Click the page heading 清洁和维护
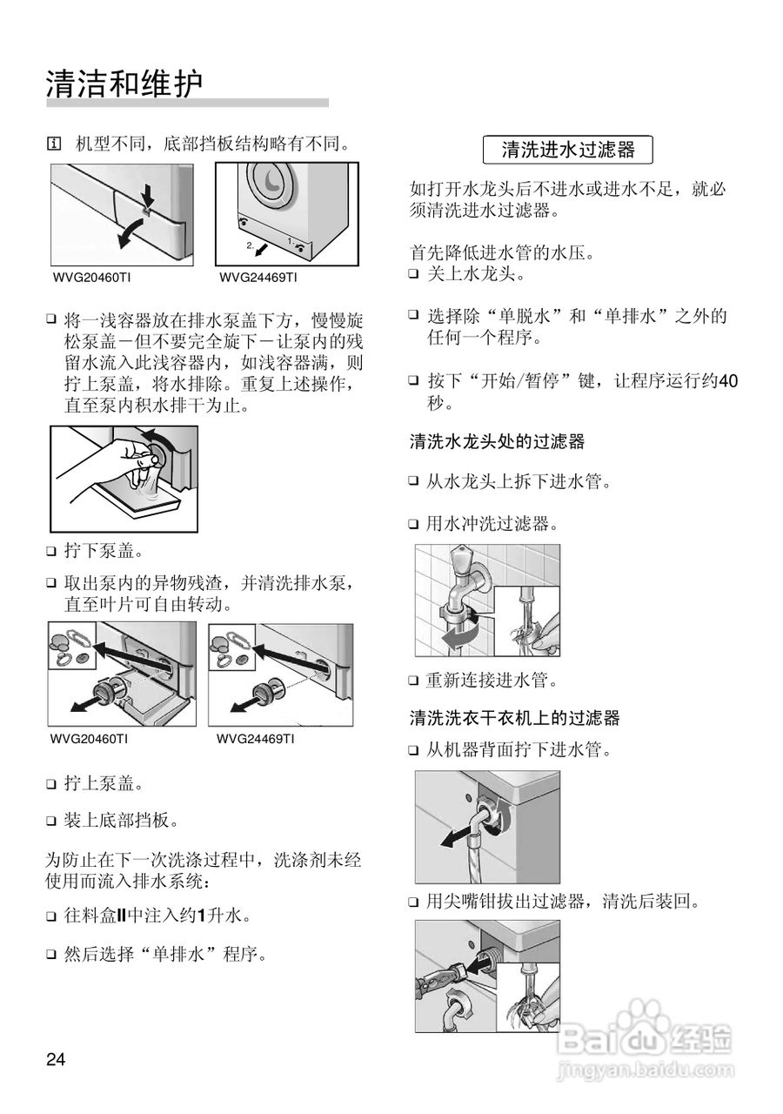pyautogui.click(x=124, y=84)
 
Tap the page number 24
pyautogui.click(x=56, y=1059)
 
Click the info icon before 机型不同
pyautogui.click(x=54, y=142)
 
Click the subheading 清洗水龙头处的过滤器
pyautogui.click(x=497, y=441)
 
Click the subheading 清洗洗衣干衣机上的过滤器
pyautogui.click(x=514, y=718)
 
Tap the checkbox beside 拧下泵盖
pyautogui.click(x=51, y=552)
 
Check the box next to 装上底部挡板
pyautogui.click(x=51, y=821)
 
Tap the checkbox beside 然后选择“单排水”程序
pyautogui.click(x=51, y=955)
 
